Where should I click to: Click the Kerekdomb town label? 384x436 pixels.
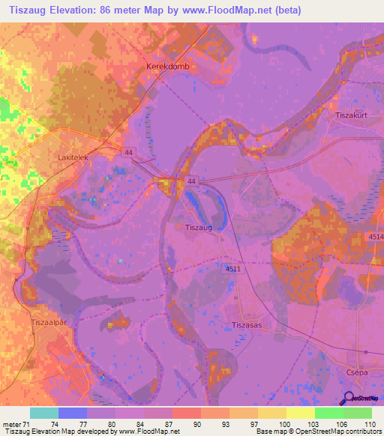164,67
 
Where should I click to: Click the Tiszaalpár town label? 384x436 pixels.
49,321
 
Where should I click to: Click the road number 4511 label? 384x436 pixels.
232,268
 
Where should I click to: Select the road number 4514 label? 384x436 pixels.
376,237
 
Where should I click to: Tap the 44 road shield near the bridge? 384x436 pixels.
193,182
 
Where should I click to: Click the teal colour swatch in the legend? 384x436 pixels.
44,413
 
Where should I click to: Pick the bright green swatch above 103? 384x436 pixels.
328,413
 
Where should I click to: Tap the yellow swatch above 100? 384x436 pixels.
300,413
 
